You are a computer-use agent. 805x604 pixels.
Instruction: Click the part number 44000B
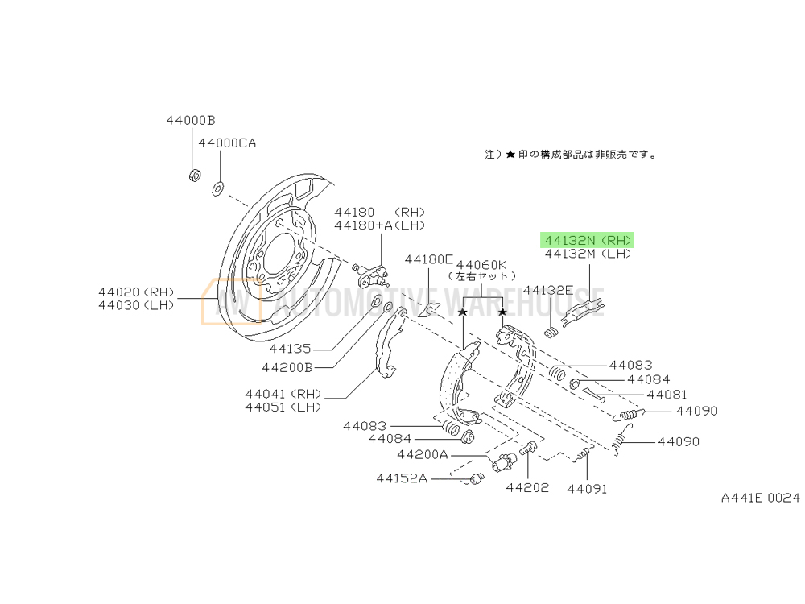191,120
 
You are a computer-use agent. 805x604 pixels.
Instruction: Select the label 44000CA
227,143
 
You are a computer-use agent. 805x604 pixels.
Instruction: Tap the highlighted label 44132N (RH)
588,240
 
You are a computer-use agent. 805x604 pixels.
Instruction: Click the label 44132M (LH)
588,254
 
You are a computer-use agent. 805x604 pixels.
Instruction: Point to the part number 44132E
547,289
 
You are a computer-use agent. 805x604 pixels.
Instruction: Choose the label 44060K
481,263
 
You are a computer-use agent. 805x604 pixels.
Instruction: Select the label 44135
290,349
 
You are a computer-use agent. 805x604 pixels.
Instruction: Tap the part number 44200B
287,367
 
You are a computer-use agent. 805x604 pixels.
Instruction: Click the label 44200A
422,454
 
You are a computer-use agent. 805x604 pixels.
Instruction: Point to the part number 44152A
401,478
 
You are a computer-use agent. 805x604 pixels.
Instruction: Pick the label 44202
527,487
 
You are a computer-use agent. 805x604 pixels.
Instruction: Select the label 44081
667,395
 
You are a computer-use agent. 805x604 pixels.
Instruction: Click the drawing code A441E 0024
761,498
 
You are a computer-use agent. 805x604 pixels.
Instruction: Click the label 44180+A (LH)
379,225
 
